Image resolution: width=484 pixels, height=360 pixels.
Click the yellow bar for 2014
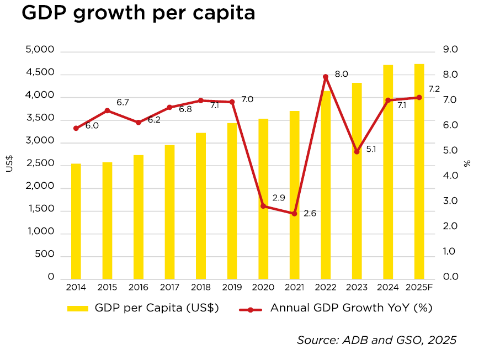[x=76, y=221]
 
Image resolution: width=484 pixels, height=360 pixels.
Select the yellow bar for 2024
[x=388, y=171]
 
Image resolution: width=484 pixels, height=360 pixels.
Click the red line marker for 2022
[x=326, y=77]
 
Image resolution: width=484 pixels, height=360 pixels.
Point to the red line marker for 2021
[x=294, y=214]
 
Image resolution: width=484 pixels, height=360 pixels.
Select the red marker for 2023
[x=357, y=151]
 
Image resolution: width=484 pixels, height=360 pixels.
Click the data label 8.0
[x=342, y=74]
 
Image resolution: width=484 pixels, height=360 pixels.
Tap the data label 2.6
[x=310, y=213]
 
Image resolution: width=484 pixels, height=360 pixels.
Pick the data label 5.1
[x=371, y=149]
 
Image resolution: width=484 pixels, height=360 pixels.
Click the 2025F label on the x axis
[x=419, y=287]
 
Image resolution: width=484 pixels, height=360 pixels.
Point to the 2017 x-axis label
[x=169, y=287]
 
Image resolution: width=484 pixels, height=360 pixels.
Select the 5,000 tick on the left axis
[x=40, y=50]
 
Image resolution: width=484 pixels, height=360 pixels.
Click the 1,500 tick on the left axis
[x=40, y=209]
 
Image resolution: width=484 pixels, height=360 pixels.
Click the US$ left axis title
[x=9, y=163]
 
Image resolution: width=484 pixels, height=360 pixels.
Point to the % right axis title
[x=467, y=163]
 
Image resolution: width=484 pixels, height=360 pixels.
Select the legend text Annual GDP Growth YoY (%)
[x=351, y=308]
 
